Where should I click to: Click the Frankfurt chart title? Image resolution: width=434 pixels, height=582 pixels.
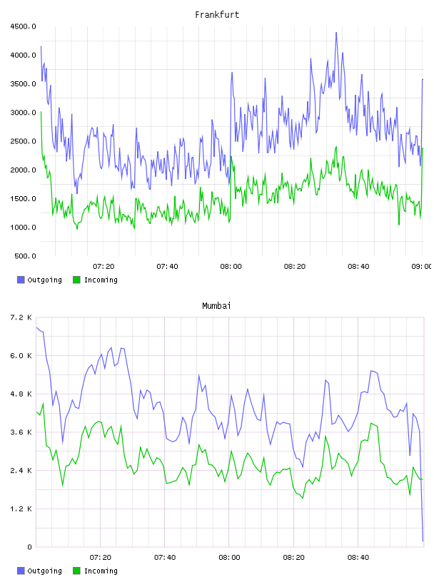(217, 15)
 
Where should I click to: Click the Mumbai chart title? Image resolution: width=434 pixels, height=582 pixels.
(216, 306)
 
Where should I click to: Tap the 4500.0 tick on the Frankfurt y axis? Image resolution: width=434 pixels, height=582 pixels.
(24, 26)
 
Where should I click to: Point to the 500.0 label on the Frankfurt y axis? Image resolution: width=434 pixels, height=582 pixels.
(25, 256)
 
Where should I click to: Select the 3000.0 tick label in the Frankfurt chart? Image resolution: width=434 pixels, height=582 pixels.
(24, 113)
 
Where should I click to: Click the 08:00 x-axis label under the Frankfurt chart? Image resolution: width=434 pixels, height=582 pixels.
(231, 267)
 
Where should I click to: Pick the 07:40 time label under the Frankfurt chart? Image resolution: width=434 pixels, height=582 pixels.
(167, 267)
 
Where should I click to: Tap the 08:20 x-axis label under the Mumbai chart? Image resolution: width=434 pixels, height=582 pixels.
(293, 558)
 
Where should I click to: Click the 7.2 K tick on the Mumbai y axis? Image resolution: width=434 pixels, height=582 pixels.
(21, 317)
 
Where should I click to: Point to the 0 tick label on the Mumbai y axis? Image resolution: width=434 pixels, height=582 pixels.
(29, 547)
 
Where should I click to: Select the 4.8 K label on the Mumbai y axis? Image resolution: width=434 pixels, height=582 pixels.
(21, 394)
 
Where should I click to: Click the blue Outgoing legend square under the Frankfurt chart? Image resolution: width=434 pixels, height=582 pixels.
(21, 280)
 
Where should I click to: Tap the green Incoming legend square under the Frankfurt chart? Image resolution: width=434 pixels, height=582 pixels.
(76, 280)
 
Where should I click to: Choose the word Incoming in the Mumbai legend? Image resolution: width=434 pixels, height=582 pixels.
(101, 571)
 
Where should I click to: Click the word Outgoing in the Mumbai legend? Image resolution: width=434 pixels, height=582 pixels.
(44, 571)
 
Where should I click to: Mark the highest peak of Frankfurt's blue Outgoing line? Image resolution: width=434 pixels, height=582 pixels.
(336, 33)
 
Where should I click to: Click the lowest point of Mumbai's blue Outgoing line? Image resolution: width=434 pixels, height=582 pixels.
(423, 541)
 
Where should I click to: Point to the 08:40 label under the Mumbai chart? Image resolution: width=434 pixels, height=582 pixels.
(358, 558)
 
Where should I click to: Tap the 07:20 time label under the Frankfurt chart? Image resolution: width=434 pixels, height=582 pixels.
(104, 267)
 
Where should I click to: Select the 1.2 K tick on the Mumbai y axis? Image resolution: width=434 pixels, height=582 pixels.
(21, 509)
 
